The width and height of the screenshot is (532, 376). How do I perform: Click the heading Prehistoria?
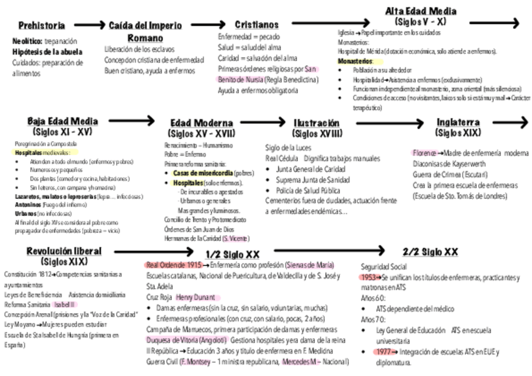[x=41, y=26]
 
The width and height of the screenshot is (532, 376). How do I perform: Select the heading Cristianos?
[x=257, y=25]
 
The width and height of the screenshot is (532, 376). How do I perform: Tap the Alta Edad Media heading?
[x=420, y=12]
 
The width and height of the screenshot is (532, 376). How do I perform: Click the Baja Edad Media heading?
[x=63, y=121]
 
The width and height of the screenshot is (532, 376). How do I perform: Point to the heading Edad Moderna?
[x=201, y=123]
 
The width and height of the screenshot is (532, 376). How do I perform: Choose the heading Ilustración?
[x=316, y=123]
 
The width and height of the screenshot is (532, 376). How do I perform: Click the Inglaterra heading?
[x=458, y=122]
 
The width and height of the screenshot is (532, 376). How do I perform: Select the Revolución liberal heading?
[x=64, y=251]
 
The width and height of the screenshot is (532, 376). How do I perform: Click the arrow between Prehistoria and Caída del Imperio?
[x=90, y=25]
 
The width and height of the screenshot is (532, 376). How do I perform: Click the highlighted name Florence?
[x=424, y=153]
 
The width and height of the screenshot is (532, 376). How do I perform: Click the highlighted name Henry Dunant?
[x=195, y=297]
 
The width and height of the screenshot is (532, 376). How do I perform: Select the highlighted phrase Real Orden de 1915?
[x=174, y=265]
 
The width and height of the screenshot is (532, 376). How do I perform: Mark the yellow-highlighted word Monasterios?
[x=354, y=62]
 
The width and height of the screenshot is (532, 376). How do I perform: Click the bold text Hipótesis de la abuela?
[x=46, y=51]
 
